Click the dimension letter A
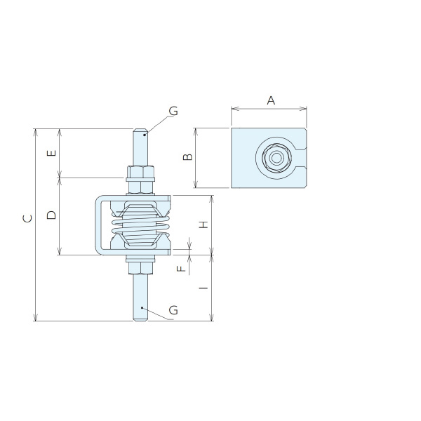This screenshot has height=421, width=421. click(x=271, y=100)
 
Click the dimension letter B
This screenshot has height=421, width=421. click(x=187, y=156)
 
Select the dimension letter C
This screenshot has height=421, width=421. click(x=27, y=218)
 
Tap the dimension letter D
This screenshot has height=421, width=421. click(x=51, y=215)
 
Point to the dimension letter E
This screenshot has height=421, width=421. click(x=51, y=153)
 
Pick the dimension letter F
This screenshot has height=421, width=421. click(x=182, y=269)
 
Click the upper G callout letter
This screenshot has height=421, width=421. click(x=173, y=111)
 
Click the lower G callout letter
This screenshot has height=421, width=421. click(x=173, y=310)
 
